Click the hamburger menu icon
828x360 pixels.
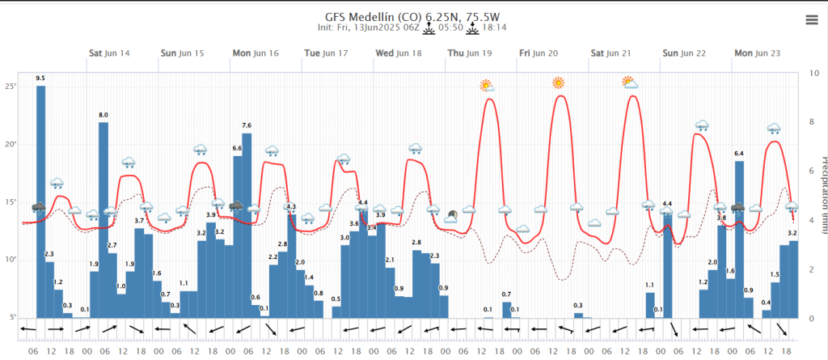(x=811, y=20)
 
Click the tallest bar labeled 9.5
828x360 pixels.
(x=40, y=202)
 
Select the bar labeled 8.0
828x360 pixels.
(x=103, y=218)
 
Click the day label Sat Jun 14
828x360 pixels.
(x=109, y=53)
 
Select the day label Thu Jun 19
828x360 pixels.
(x=469, y=53)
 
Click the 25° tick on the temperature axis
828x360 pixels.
(x=11, y=87)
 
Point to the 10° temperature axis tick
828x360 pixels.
(x=11, y=260)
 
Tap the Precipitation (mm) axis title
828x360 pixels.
(x=822, y=194)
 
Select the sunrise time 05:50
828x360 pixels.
(x=451, y=28)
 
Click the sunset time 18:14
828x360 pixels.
(x=494, y=28)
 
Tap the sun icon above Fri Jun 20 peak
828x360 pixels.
(x=558, y=83)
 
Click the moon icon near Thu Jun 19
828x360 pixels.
(x=451, y=215)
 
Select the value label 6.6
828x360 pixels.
(x=237, y=149)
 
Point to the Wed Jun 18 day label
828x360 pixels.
(x=398, y=53)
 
